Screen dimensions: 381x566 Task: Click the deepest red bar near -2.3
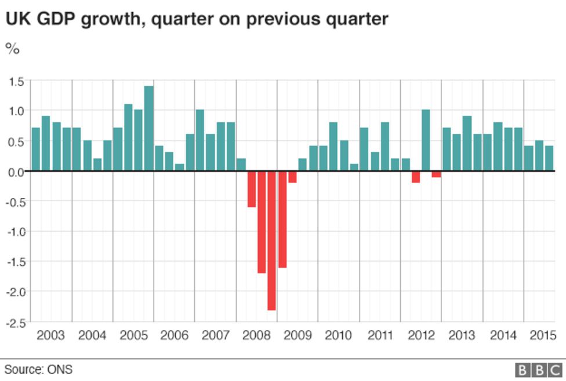click(x=271, y=240)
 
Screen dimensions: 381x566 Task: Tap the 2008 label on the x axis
click(x=256, y=335)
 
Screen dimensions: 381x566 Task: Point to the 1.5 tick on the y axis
click(x=16, y=82)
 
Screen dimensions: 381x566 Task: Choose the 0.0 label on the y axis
click(x=16, y=172)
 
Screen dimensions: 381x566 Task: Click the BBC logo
click(x=539, y=369)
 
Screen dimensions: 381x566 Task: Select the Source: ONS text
click(x=39, y=369)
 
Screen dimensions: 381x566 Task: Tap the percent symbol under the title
click(x=13, y=49)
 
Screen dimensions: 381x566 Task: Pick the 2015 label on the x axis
click(x=543, y=335)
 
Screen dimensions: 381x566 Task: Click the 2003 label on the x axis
click(x=50, y=335)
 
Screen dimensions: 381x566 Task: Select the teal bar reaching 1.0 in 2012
click(x=426, y=140)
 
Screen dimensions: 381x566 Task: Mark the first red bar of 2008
click(x=251, y=189)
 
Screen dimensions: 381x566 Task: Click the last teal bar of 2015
click(x=549, y=159)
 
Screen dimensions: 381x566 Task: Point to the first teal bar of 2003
click(x=35, y=149)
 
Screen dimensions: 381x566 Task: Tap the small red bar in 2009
click(x=292, y=177)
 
